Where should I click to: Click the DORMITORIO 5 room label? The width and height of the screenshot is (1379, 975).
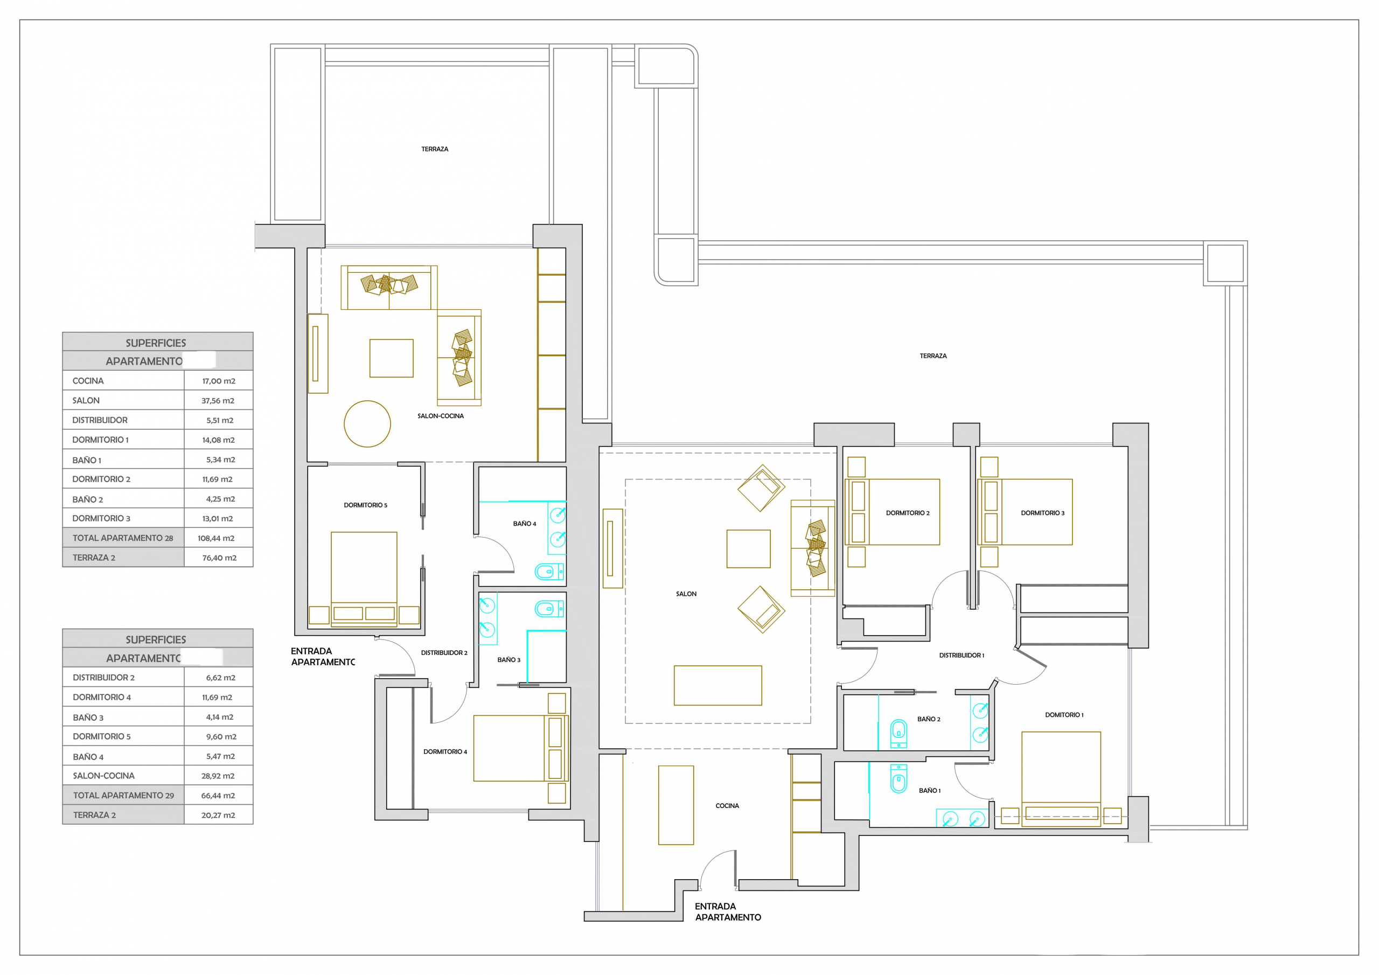click(x=365, y=505)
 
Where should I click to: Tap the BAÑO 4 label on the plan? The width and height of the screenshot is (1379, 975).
click(x=524, y=524)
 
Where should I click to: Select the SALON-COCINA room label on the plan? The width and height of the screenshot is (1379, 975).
click(x=440, y=416)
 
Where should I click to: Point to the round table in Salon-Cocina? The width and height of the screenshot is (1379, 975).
click(x=367, y=423)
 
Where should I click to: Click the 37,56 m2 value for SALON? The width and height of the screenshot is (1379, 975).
click(x=218, y=401)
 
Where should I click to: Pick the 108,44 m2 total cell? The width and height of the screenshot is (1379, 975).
click(x=215, y=538)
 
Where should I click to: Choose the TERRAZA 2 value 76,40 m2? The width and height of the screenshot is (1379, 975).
click(x=219, y=558)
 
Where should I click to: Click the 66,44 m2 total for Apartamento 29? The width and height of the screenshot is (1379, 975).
click(x=218, y=796)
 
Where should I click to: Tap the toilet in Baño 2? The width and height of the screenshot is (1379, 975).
click(x=898, y=733)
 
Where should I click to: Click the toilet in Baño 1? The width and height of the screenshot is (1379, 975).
click(x=898, y=779)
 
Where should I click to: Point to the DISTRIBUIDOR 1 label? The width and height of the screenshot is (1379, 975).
click(x=962, y=656)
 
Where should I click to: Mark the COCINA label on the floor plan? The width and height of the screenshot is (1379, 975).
click(x=727, y=806)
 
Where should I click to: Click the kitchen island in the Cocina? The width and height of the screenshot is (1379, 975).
click(x=675, y=805)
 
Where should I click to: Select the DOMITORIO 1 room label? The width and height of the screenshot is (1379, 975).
click(x=1064, y=715)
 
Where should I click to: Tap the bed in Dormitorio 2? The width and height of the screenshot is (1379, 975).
click(x=892, y=512)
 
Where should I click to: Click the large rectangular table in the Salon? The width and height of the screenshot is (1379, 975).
click(x=718, y=685)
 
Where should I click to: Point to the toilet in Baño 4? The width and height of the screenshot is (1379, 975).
click(x=549, y=572)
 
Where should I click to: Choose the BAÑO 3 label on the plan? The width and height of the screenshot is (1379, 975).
click(x=509, y=660)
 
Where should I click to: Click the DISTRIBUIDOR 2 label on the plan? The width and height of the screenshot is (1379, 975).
click(x=444, y=653)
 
